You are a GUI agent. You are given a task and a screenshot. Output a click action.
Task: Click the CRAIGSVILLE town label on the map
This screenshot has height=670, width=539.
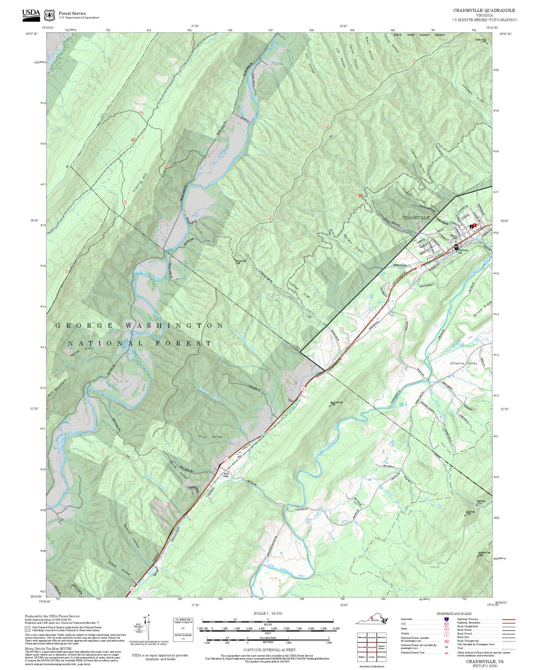416,217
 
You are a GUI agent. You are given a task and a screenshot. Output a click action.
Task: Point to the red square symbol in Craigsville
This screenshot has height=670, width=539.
474,225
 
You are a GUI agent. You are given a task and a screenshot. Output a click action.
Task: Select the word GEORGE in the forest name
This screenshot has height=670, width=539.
85,326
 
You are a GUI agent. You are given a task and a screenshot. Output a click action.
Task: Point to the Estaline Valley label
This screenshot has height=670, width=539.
464,363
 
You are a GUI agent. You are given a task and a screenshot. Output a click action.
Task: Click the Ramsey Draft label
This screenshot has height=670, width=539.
300,289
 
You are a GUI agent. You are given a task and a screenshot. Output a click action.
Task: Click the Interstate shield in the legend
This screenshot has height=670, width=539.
446,619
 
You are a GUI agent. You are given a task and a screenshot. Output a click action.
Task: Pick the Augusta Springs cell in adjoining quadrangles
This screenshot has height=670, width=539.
381,647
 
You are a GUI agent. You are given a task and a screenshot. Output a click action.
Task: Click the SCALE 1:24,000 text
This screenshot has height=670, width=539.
267,613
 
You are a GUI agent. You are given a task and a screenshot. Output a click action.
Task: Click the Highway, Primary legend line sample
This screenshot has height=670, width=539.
508,619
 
